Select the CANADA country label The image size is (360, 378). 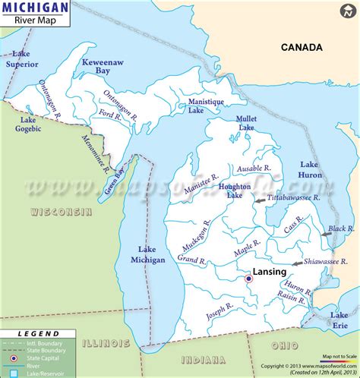pyautogui.click(x=302, y=47)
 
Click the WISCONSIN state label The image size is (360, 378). pyautogui.click(x=61, y=212)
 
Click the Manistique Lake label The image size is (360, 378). pyautogui.click(x=196, y=106)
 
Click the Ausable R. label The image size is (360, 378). pyautogui.click(x=254, y=168)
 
